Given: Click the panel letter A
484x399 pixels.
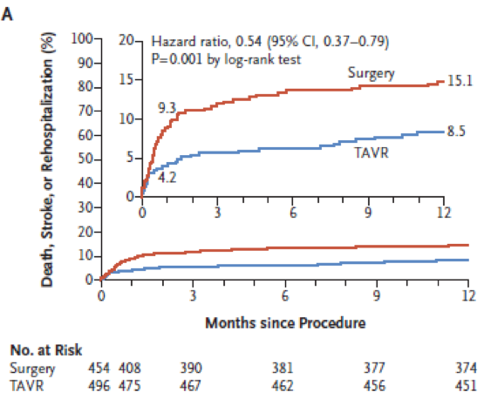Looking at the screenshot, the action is (7, 14).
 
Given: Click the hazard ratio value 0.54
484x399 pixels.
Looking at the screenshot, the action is (249, 41).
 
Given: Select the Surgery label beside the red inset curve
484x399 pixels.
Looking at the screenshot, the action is (371, 73).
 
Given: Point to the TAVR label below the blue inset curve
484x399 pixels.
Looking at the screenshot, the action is (372, 153).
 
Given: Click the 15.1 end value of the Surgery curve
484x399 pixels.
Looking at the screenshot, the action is (460, 81).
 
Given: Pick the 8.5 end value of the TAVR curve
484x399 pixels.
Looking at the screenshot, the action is (456, 132).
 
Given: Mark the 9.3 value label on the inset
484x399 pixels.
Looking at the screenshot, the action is (167, 108).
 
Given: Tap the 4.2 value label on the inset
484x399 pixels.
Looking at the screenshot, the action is (167, 178).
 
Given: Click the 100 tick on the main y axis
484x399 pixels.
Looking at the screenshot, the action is (82, 39).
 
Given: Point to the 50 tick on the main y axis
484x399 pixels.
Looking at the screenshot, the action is (85, 159).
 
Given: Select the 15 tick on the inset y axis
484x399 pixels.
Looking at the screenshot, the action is (126, 79).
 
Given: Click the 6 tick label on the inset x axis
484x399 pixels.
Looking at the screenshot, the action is (293, 213).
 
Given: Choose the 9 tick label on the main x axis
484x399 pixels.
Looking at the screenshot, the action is (376, 296).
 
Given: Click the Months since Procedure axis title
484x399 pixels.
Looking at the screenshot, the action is (285, 323).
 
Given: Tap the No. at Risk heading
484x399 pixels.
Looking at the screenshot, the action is (46, 350).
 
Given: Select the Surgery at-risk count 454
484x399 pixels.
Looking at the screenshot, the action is (99, 369).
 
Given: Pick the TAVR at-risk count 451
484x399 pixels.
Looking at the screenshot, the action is (466, 386).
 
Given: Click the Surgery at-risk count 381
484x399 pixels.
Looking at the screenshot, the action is (283, 369).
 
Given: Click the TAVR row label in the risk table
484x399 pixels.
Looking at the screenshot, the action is (27, 386).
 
